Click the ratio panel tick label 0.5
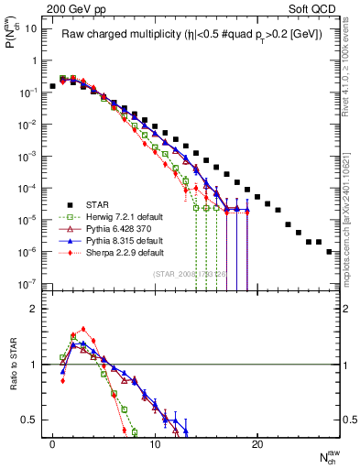[29, 420]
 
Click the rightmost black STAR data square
[329, 251]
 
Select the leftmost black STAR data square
[53, 86]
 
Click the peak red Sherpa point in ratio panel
[83, 329]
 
